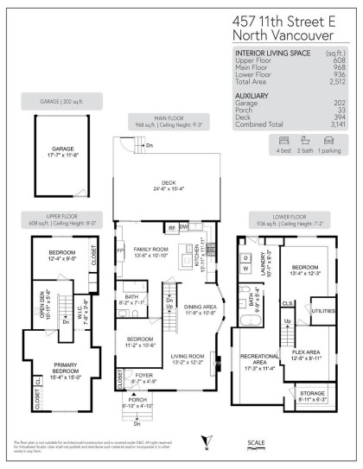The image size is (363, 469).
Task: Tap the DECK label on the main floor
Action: (x=168, y=182)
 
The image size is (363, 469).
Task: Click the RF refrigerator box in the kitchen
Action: (x=172, y=227)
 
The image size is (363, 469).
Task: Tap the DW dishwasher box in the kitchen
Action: (x=183, y=227)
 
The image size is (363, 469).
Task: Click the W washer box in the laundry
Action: (x=245, y=267)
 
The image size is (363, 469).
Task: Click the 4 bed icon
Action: (x=259, y=138)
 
